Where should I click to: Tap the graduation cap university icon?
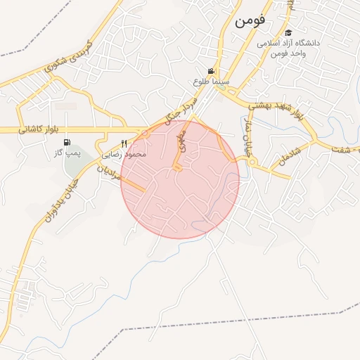pos(288,33)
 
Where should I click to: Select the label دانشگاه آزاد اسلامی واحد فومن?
pos(288,48)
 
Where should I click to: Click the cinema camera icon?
pos(211,71)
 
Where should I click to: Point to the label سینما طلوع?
pos(210,82)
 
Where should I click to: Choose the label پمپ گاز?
pos(68,153)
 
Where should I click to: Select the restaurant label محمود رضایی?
pos(124,153)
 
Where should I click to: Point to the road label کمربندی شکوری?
pos(69,55)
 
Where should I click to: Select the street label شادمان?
pos(288,156)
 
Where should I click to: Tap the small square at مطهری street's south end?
pos(177,169)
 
